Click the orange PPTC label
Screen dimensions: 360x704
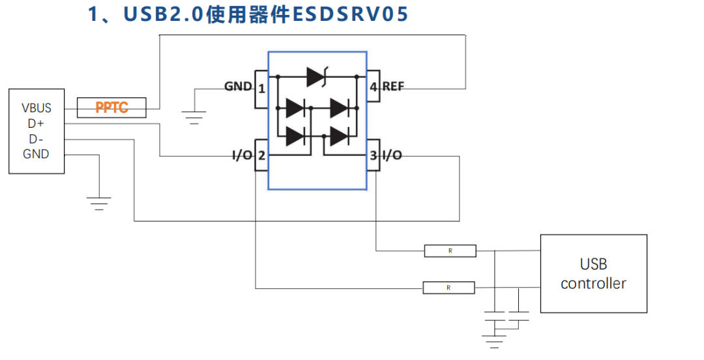point(111,108)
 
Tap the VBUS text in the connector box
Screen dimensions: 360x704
point(37,108)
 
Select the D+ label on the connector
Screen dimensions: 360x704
point(37,123)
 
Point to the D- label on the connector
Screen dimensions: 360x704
point(37,139)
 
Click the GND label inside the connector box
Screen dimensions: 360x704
point(37,155)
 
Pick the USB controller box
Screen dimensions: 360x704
point(593,274)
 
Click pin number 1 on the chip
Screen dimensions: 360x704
point(261,87)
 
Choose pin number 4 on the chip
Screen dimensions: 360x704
point(374,87)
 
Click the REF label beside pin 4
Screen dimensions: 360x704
point(393,87)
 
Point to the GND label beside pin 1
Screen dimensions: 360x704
point(238,87)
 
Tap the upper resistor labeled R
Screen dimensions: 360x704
point(450,250)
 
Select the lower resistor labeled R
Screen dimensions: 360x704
point(448,288)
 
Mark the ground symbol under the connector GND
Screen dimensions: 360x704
point(98,203)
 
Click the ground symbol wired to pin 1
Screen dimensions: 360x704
point(193,118)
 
